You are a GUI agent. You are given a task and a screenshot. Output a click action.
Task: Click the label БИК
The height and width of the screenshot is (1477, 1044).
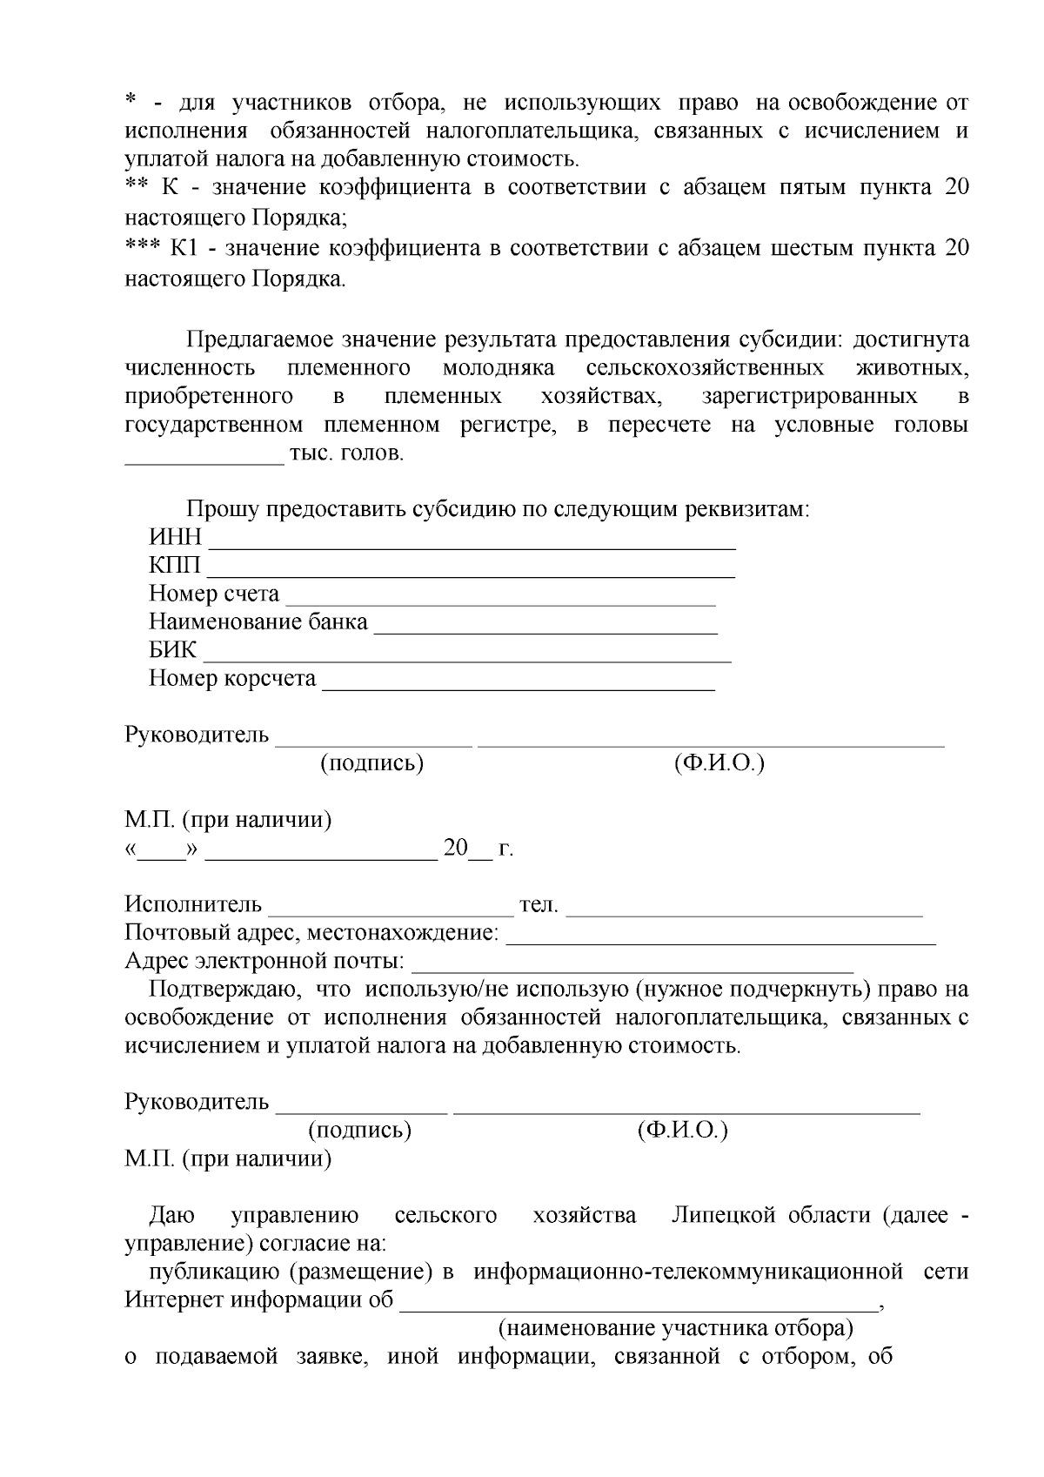(172, 651)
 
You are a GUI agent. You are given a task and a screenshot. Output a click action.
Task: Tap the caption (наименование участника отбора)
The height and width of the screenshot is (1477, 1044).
(675, 1329)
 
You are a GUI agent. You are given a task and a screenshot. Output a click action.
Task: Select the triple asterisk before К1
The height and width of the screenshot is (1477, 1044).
(142, 248)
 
